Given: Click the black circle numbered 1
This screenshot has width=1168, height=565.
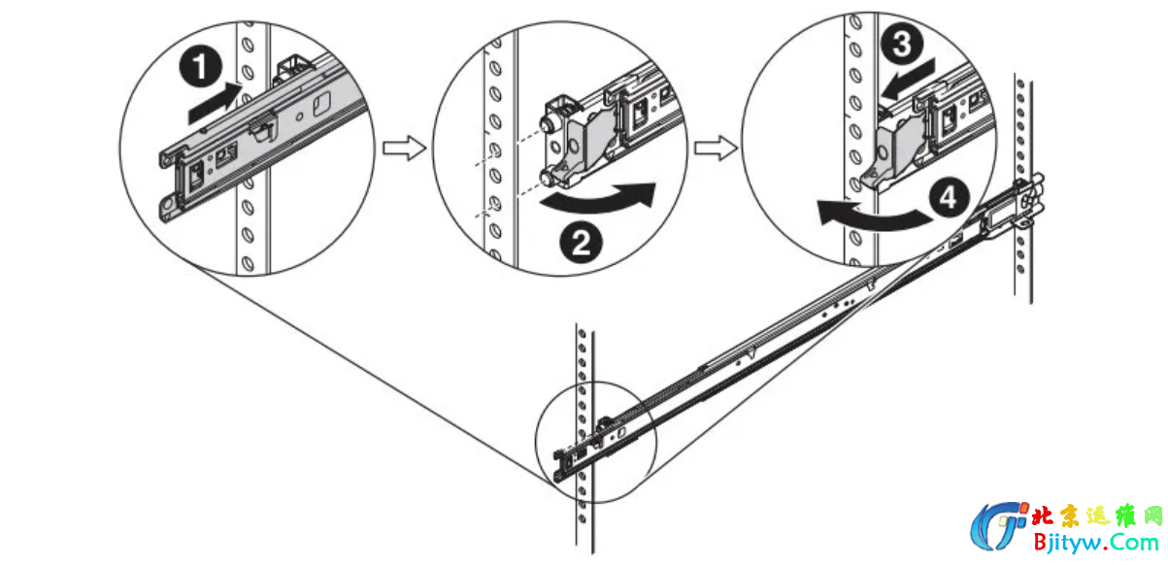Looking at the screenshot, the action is point(201,67).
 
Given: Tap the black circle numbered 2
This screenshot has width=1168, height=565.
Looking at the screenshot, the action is point(581,243).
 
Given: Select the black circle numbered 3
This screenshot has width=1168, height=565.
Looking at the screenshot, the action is point(902,44).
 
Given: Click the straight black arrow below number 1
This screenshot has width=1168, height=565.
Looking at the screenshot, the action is point(215,103).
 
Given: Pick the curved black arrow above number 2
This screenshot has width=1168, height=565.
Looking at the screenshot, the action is point(599,198).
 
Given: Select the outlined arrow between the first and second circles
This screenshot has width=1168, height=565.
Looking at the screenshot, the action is point(405,149).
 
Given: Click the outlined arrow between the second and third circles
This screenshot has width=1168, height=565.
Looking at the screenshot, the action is point(716,148).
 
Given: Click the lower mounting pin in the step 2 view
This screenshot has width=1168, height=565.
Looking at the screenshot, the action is point(548,178).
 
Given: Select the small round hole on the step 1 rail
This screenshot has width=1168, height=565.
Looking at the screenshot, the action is point(299,116).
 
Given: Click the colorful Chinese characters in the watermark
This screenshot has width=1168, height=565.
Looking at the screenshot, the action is point(1097,516).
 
